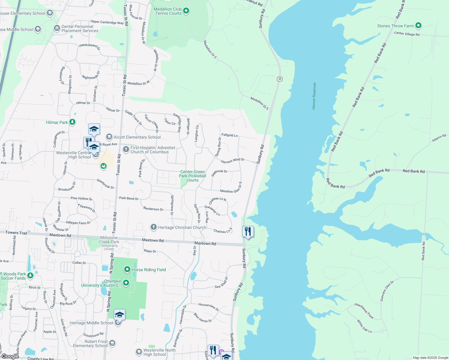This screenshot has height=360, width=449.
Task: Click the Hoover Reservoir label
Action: click(314, 96)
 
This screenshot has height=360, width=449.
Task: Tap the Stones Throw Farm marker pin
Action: click(418, 25)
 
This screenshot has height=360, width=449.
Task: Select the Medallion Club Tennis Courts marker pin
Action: click(186, 11)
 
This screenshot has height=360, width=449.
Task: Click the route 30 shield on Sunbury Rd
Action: click(280, 79)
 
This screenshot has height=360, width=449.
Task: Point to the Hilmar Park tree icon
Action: click(72, 122)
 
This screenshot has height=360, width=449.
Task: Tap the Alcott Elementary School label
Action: click(137, 137)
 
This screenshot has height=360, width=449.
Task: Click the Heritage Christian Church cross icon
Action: click(154, 227)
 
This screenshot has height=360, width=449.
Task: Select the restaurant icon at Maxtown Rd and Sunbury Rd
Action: click(248, 232)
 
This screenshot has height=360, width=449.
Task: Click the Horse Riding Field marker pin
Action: click(127, 269)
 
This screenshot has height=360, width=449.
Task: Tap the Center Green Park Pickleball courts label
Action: click(192, 176)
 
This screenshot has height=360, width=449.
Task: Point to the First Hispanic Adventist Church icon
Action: click(126, 149)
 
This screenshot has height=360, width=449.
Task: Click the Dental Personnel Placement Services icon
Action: click(57, 28)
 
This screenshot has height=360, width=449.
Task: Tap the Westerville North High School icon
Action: click(139, 352)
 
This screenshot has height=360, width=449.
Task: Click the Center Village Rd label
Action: click(407, 34)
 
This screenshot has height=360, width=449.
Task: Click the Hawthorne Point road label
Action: click(364, 311)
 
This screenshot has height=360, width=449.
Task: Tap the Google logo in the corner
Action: click(10, 356)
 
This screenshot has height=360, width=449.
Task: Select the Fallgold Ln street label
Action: click(229, 135)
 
